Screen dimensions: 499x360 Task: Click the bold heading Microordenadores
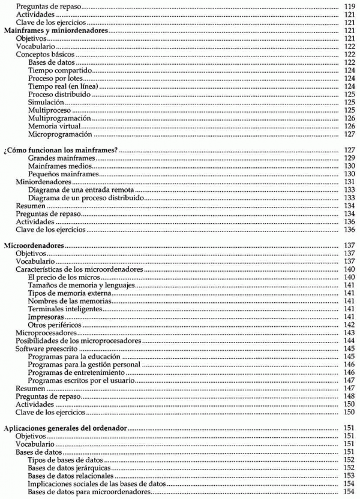[x=34, y=246]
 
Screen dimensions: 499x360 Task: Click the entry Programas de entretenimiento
[x=75, y=372]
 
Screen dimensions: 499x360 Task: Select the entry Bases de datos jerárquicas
[x=69, y=467]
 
